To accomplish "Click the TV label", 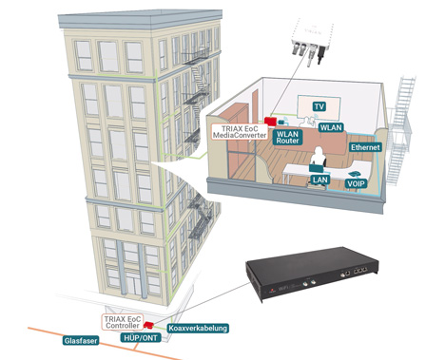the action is click(319, 106).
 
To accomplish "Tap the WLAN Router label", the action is click(287, 137).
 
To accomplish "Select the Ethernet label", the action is click(365, 147).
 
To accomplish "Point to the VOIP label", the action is click(357, 183).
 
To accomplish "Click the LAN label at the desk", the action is click(319, 180).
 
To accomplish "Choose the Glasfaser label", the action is click(81, 341).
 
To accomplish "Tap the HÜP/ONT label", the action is click(141, 337).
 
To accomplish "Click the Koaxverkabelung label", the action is click(198, 328).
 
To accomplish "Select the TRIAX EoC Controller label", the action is click(123, 322).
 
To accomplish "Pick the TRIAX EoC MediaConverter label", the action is click(240, 132).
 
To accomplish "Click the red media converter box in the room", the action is click(270, 122).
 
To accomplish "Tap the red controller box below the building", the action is click(148, 325).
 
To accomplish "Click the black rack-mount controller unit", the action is click(312, 274).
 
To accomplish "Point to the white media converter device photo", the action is click(312, 41).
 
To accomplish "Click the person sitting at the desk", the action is click(318, 158).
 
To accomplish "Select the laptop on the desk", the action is click(316, 169).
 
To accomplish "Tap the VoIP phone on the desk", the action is click(354, 174).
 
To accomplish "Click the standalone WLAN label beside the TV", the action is click(331, 127).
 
